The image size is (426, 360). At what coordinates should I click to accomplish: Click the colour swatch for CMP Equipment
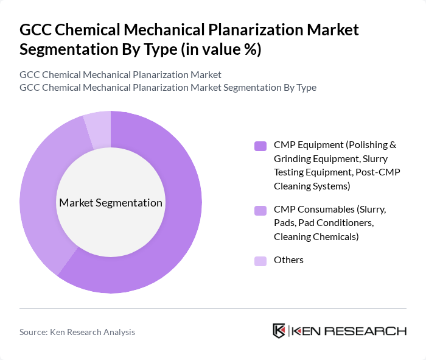click(260, 146)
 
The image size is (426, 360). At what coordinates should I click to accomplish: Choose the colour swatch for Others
click(260, 261)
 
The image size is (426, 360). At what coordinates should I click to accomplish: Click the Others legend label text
click(288, 260)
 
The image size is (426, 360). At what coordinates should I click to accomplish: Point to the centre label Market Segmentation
click(110, 203)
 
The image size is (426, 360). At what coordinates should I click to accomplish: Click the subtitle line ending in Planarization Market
click(120, 74)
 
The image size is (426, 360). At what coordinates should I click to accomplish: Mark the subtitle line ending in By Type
click(168, 87)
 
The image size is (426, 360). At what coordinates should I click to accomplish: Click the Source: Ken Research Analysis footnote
click(77, 332)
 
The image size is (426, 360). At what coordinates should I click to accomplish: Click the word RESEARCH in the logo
click(371, 331)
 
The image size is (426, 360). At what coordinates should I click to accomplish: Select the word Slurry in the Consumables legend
click(371, 209)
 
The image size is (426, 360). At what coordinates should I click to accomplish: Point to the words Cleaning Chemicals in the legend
click(316, 236)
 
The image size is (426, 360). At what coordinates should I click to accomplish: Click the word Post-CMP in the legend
click(377, 172)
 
